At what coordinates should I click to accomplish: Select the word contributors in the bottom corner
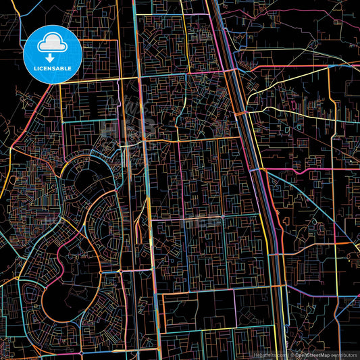point(344,354)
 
